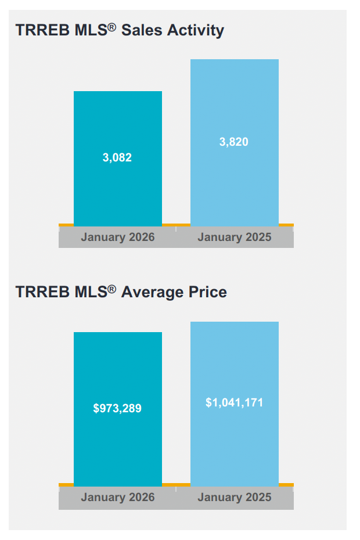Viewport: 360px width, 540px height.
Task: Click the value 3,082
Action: coord(117,157)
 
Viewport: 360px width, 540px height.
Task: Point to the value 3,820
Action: coord(234,142)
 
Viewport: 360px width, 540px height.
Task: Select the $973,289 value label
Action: coord(117,408)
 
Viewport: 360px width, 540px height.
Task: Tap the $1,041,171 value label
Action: coord(234,402)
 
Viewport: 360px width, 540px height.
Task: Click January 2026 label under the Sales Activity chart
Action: coord(118,237)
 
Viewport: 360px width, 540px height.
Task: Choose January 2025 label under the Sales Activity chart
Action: coord(235,237)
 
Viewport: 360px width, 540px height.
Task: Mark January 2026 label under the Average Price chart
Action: coord(118,497)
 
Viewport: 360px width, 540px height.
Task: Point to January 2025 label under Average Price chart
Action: coord(235,497)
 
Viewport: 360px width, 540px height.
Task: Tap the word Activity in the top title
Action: coord(196,30)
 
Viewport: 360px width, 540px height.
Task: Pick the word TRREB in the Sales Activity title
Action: coord(36,30)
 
